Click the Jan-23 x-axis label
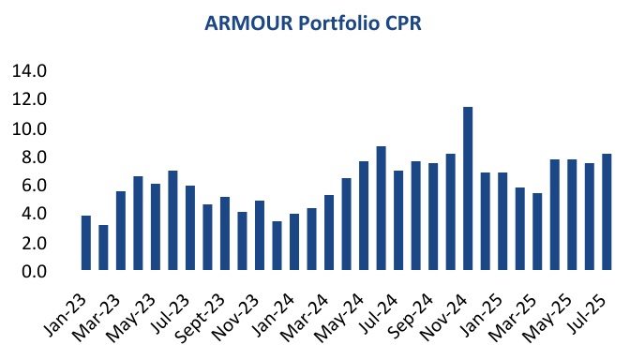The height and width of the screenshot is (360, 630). coord(67,309)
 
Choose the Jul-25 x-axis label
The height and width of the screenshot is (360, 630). coord(590,309)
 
